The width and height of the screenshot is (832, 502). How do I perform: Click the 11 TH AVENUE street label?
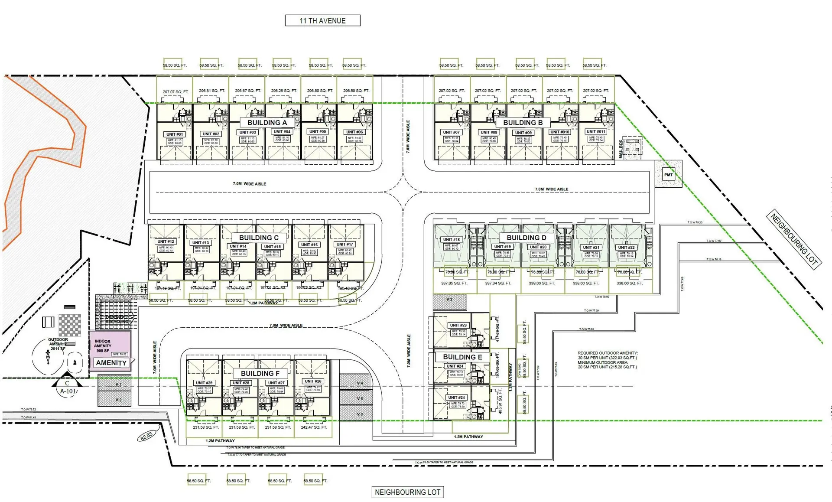[322, 20]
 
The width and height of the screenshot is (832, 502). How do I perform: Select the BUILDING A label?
[267, 123]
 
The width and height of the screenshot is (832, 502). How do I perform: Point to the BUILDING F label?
[260, 373]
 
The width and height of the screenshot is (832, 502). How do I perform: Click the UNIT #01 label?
[175, 134]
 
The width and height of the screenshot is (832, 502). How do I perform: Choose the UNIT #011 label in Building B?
[596, 131]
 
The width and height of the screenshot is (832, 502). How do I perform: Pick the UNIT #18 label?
[451, 239]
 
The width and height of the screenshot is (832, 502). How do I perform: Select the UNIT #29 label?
[204, 383]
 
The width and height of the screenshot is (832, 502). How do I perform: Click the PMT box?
[668, 175]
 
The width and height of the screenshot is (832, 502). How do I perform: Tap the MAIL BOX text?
[621, 149]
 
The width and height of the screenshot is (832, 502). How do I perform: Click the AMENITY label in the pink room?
[111, 363]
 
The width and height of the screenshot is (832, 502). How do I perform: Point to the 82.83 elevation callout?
[146, 435]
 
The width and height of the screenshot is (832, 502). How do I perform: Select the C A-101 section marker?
[67, 387]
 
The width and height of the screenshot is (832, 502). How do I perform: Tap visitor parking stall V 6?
[360, 414]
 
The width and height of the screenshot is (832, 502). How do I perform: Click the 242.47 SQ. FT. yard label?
[314, 427]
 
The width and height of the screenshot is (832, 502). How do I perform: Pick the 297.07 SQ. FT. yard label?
[175, 92]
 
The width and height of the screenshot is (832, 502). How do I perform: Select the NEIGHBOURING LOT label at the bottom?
[407, 492]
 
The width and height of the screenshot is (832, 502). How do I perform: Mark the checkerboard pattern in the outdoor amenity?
[70, 325]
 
